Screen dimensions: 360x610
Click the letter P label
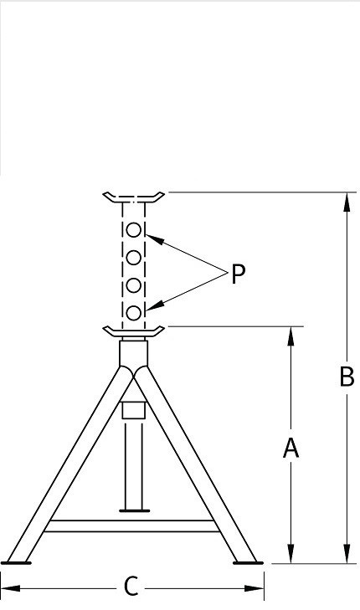click(238, 274)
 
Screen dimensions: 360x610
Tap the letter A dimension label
click(291, 448)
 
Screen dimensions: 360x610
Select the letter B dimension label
click(347, 377)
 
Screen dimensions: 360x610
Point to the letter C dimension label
click(131, 587)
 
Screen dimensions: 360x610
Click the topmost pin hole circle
click(134, 230)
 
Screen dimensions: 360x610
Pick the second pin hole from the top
click(134, 258)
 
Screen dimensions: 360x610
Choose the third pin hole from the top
click(134, 285)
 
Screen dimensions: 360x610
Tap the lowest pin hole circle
click(134, 313)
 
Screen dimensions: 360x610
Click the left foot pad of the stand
click(16, 562)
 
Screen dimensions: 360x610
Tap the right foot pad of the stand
click(248, 562)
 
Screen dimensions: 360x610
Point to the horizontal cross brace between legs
click(131, 525)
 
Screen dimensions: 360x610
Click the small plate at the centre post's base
click(134, 510)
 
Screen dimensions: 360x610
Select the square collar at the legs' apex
click(133, 354)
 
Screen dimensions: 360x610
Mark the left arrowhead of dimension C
click(10, 587)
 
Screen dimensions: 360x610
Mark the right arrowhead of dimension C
click(255, 587)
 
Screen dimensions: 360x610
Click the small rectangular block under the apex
click(133, 410)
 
